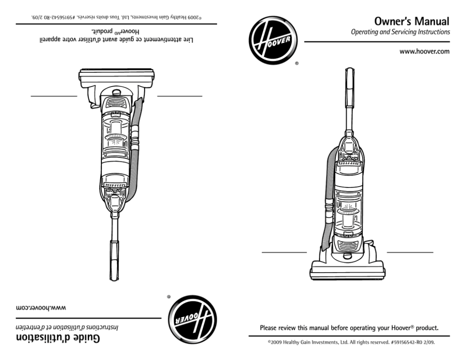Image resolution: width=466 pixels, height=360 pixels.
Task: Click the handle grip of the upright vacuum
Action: (350, 85)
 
